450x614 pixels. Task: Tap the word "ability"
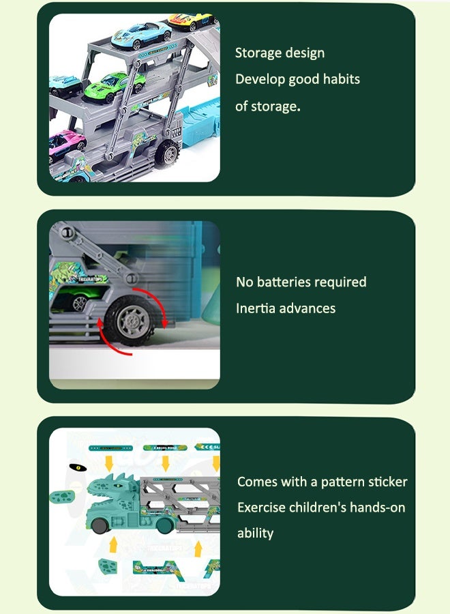[255, 533]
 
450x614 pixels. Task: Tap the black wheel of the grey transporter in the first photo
[166, 154]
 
